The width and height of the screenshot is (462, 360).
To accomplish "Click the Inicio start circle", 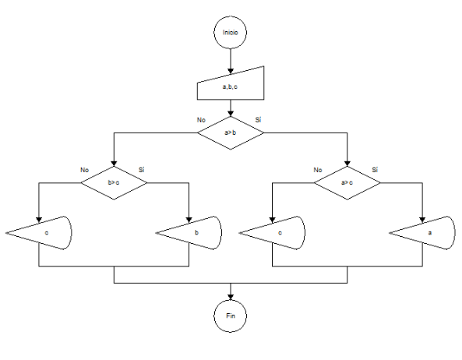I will pyautogui.click(x=231, y=34).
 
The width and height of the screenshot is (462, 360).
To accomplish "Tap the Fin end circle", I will pyautogui.click(x=231, y=316).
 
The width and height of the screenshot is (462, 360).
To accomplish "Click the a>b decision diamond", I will pyautogui.click(x=231, y=132).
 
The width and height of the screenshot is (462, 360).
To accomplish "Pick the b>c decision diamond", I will pyautogui.click(x=114, y=182).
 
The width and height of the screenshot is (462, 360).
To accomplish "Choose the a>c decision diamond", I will pyautogui.click(x=347, y=182).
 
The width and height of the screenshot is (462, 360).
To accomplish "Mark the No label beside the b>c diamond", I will pyautogui.click(x=84, y=169).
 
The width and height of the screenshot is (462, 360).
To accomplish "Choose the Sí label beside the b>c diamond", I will pyautogui.click(x=141, y=169).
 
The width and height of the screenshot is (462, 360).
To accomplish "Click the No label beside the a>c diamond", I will pyautogui.click(x=318, y=169).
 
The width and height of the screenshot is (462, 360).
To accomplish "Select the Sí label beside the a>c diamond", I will pyautogui.click(x=375, y=169).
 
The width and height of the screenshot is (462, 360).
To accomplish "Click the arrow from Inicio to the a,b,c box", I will pyautogui.click(x=231, y=59).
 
